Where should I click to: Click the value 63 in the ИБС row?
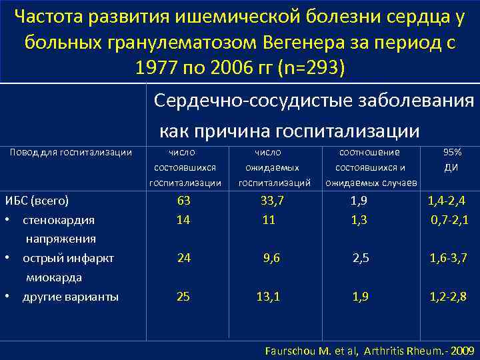pyautogui.click(x=183, y=201)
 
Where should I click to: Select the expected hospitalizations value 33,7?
pyautogui.click(x=272, y=201)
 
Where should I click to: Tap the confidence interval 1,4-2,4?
pyautogui.click(x=447, y=201)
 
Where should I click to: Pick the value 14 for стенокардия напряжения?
pyautogui.click(x=183, y=219)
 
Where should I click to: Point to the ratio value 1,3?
pyautogui.click(x=359, y=219)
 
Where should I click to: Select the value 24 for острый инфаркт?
pyautogui.click(x=183, y=258)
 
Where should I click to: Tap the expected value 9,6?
pyautogui.click(x=272, y=258)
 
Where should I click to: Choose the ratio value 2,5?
pyautogui.click(x=361, y=258)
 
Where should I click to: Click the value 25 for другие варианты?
pyautogui.click(x=183, y=297)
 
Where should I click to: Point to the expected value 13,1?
pyautogui.click(x=268, y=297)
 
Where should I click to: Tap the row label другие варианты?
pyautogui.click(x=71, y=297)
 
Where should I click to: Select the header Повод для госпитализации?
pyautogui.click(x=71, y=153)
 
